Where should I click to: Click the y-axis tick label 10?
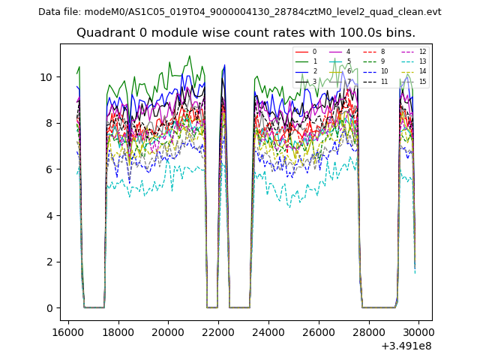(46, 77)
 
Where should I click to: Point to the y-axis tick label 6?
(49, 169)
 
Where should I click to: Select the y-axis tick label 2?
(49, 262)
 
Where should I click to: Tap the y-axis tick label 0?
(49, 308)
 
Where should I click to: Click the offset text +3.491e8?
(406, 346)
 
